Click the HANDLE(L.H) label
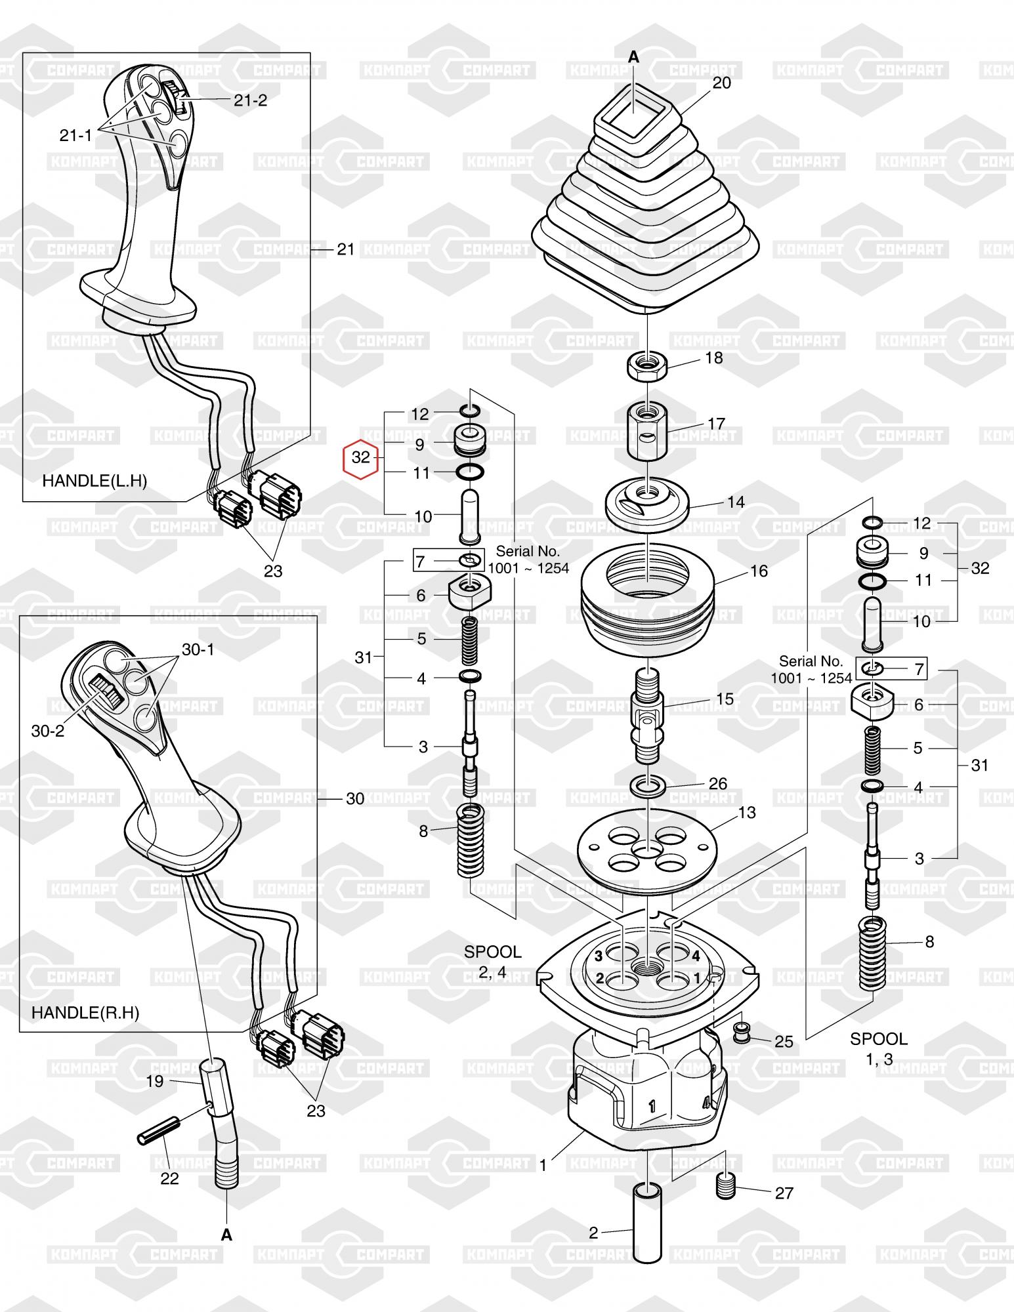click(x=95, y=481)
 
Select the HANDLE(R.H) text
click(x=85, y=1012)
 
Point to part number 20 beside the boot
click(x=721, y=83)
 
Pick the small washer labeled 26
click(x=648, y=785)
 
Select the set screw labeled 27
click(x=724, y=1187)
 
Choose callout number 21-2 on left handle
click(x=250, y=100)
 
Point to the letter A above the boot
click(x=633, y=58)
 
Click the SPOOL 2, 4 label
click(x=492, y=961)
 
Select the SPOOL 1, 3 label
click(x=879, y=1048)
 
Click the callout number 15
click(x=725, y=699)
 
